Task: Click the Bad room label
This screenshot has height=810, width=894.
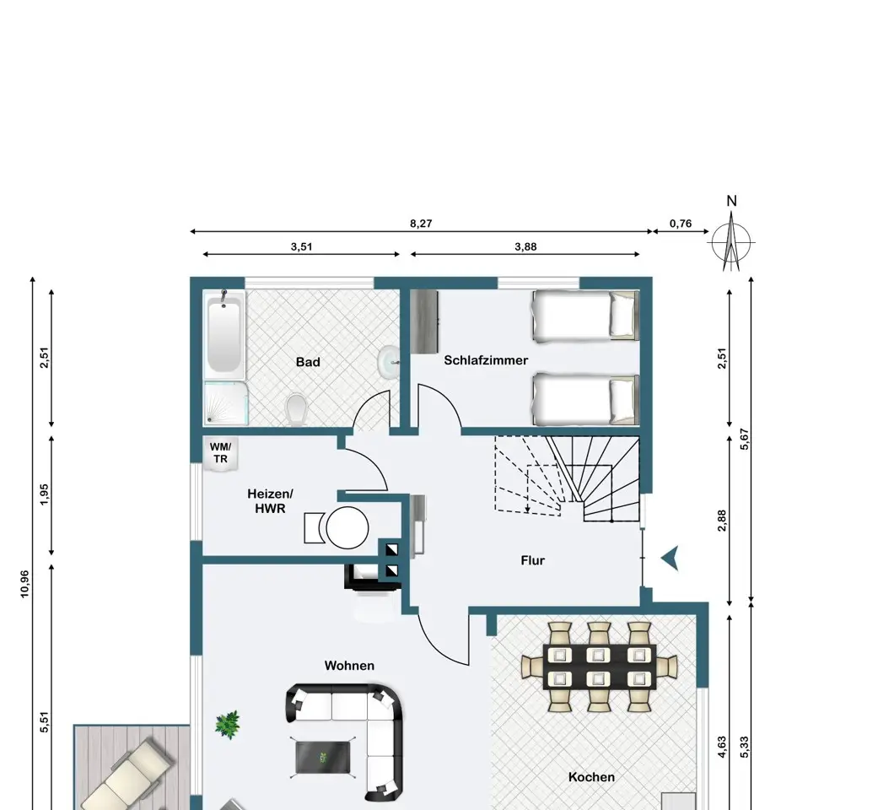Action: (x=308, y=362)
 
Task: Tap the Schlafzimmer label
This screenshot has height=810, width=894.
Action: (x=486, y=360)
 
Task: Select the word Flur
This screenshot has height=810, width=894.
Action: (x=532, y=561)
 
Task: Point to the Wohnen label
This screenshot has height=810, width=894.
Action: (x=349, y=666)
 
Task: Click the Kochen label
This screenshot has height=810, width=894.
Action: (x=591, y=777)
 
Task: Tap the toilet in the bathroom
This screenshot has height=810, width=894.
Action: (x=297, y=409)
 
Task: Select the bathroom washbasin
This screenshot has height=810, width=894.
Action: (x=388, y=362)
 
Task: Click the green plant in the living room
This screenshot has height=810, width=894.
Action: (x=228, y=725)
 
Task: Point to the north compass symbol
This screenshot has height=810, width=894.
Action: (x=731, y=240)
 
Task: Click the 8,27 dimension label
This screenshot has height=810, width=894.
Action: (x=422, y=224)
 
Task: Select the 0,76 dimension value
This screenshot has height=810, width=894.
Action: (x=681, y=224)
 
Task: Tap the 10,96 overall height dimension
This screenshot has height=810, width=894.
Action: (x=25, y=584)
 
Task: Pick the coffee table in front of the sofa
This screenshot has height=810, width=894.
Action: (x=323, y=758)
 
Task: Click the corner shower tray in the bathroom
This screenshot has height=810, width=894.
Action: (x=226, y=403)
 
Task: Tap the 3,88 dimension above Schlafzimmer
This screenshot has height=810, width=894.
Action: (x=525, y=247)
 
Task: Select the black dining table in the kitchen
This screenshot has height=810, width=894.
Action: (x=599, y=667)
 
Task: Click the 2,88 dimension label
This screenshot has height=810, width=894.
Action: (x=722, y=521)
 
